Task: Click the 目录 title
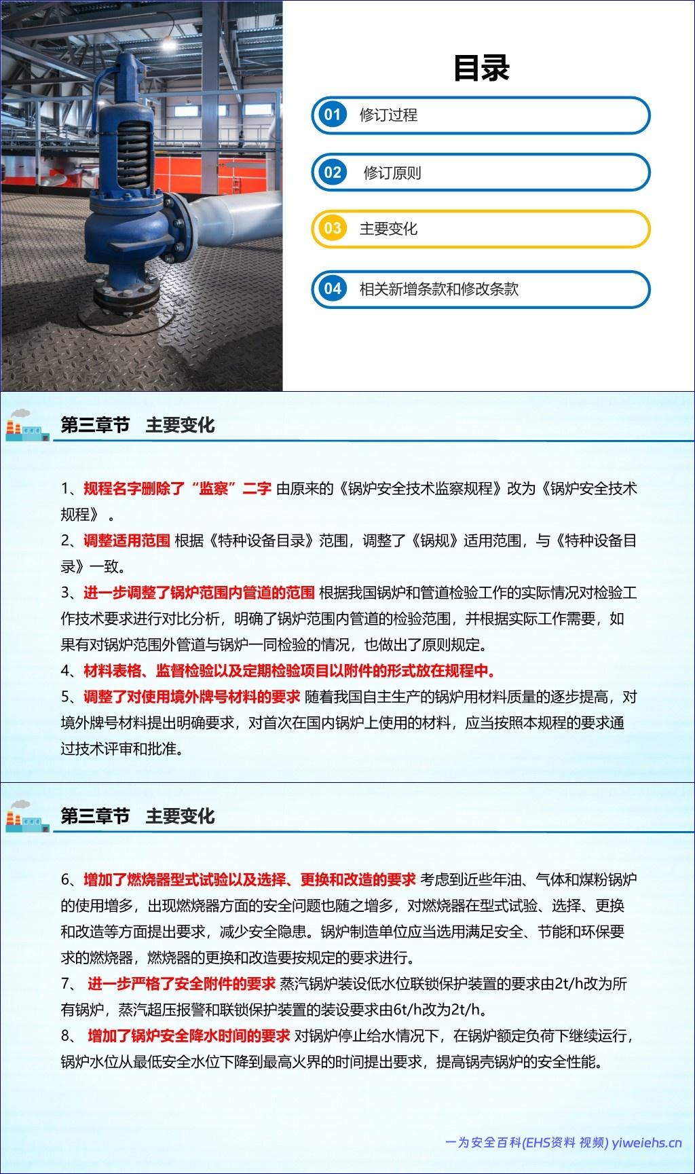point(481,68)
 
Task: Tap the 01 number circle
point(332,115)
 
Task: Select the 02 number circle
point(332,172)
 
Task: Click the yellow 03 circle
point(332,229)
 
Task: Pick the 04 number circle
point(332,289)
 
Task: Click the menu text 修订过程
point(388,115)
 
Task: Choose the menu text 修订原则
point(392,172)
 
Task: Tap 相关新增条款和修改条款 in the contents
point(438,289)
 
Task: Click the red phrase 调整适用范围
point(126,540)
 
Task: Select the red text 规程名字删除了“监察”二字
point(177,488)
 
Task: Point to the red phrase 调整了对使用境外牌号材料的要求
point(191,697)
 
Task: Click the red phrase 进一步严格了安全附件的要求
point(181,984)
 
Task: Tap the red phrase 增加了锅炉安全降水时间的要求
point(189,1036)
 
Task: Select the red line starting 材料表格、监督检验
point(289,671)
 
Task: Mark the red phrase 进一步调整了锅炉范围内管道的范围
point(199,593)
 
